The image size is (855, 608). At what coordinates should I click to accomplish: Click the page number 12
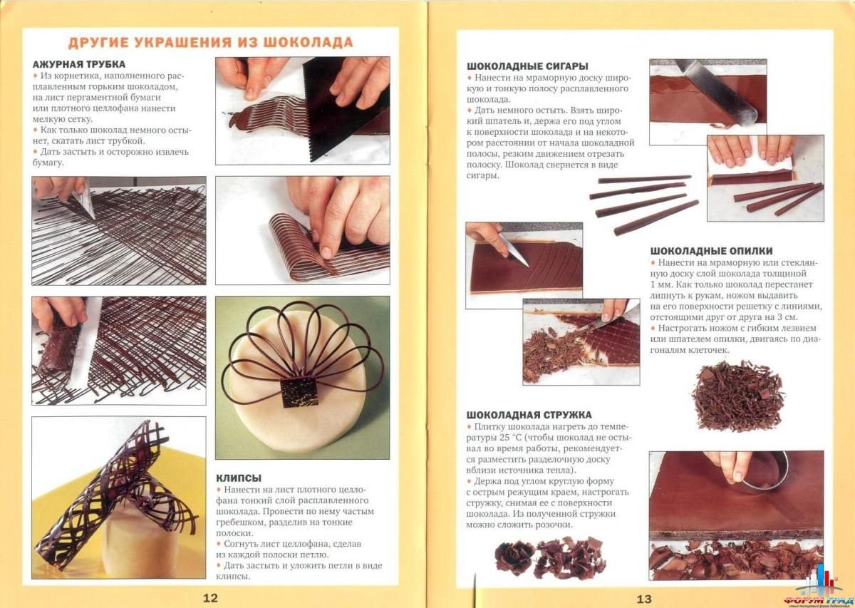click(x=210, y=598)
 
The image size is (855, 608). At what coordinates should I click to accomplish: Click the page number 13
click(x=644, y=599)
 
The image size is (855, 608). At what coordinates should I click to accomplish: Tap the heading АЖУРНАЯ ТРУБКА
click(x=79, y=64)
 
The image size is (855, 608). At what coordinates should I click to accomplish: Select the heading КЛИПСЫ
click(x=239, y=478)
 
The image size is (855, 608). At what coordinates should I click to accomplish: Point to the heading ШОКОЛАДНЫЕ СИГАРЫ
click(x=527, y=66)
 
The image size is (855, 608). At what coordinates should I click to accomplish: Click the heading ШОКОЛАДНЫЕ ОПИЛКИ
click(x=712, y=251)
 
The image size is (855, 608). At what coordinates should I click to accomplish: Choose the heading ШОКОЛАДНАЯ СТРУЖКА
click(x=529, y=415)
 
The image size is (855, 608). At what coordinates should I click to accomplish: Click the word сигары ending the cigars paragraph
click(x=482, y=176)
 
